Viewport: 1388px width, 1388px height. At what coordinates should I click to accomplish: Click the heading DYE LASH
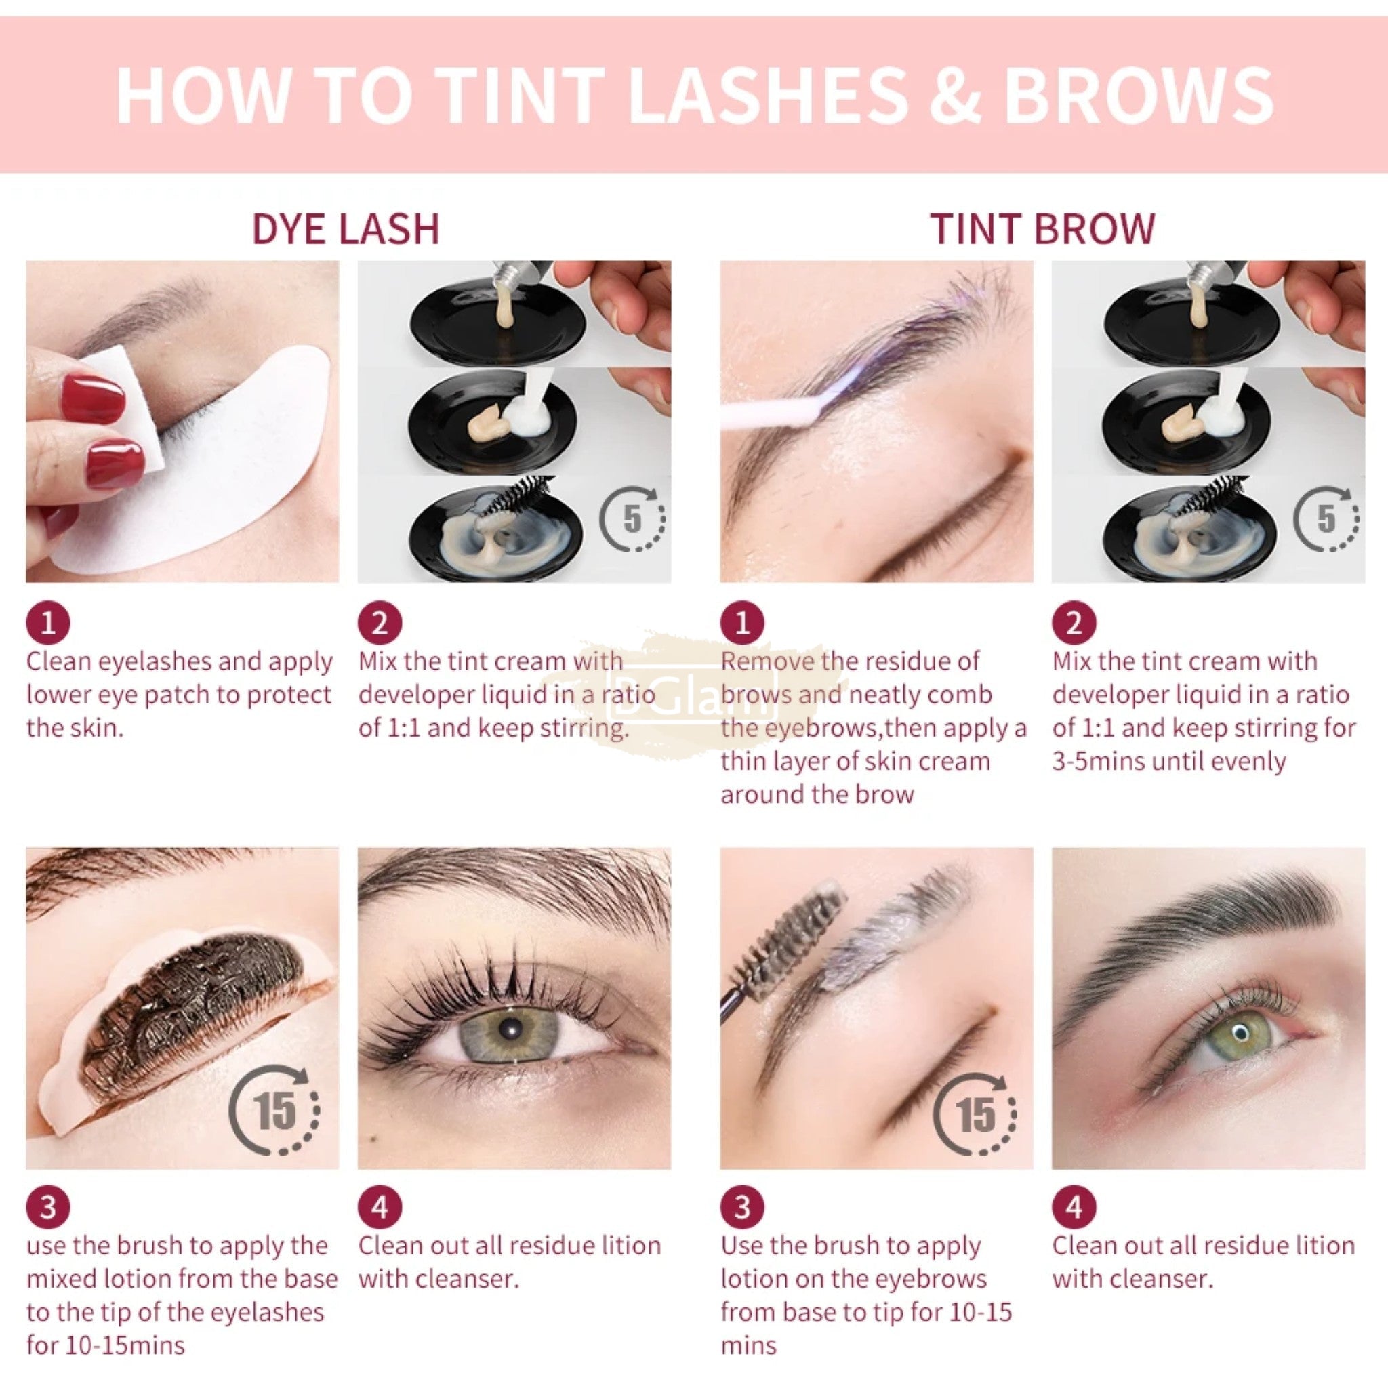point(346,228)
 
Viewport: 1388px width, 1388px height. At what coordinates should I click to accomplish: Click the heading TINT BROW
point(1042,228)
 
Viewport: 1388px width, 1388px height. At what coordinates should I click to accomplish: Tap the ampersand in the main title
point(955,95)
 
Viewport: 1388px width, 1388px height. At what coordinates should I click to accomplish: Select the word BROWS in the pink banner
point(1138,95)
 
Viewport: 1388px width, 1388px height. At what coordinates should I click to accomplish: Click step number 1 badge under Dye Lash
point(48,622)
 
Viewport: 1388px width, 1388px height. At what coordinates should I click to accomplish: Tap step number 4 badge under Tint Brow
point(1074,1207)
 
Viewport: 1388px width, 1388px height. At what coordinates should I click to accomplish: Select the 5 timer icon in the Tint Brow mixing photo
point(1326,518)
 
